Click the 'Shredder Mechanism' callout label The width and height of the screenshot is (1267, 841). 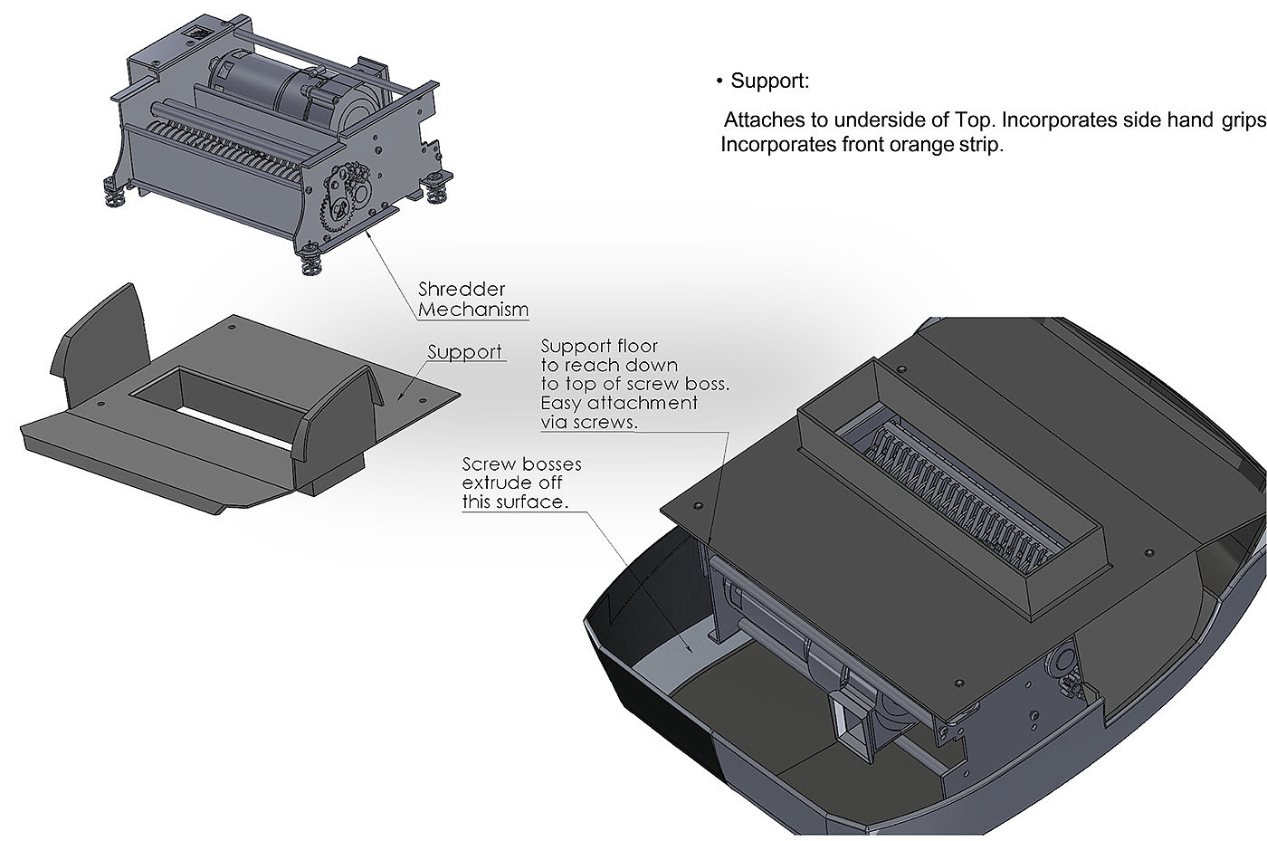pos(472,300)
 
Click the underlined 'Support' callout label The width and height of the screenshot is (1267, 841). pos(464,352)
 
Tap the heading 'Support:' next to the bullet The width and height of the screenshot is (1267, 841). pos(770,81)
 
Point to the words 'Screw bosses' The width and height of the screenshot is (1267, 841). pos(521,464)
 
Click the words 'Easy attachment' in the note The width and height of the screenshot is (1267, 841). pos(619,403)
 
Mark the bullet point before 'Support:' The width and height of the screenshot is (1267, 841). pos(719,81)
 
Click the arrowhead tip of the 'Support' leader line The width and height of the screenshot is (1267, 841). pos(398,400)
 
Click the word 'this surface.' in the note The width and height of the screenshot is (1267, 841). pos(515,502)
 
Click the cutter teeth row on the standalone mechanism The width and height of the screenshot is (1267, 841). pos(226,152)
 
